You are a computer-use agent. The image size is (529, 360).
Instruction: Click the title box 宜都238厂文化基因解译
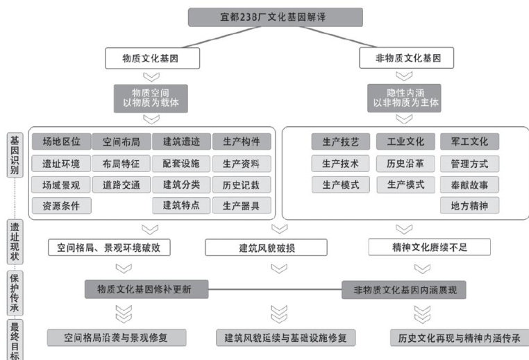coord(275,17)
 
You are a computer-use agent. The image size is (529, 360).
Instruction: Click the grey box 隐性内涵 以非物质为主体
coord(406,98)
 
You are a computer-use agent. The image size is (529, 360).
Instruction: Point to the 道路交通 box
coord(121,185)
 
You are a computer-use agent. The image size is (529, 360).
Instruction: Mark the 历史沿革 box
coord(405,164)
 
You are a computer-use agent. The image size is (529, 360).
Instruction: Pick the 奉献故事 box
coord(469,185)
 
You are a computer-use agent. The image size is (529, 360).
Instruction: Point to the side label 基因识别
coord(14,155)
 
